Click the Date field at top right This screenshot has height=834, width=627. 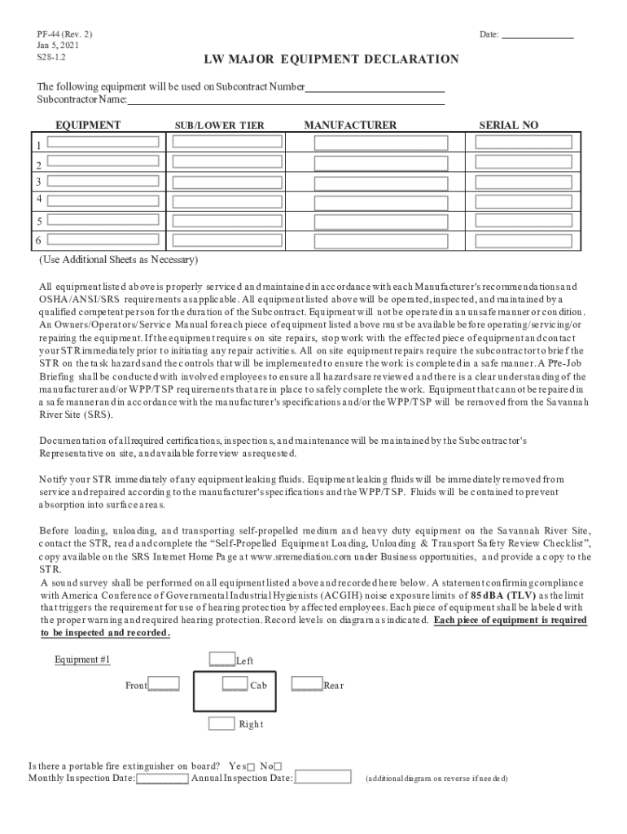[x=537, y=35]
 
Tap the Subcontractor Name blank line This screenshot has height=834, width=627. [x=286, y=100]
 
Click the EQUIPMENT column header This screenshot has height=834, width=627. [x=88, y=125]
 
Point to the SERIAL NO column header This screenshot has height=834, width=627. [x=508, y=125]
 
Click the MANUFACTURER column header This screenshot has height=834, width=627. [x=350, y=125]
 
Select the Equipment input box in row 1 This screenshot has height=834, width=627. [x=103, y=141]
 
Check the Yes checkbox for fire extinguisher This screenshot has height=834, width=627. [x=251, y=766]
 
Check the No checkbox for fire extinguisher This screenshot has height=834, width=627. [x=278, y=766]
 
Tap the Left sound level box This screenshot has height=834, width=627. [x=221, y=659]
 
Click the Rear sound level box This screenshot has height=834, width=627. [x=306, y=684]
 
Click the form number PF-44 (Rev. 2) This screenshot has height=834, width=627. [x=64, y=34]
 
